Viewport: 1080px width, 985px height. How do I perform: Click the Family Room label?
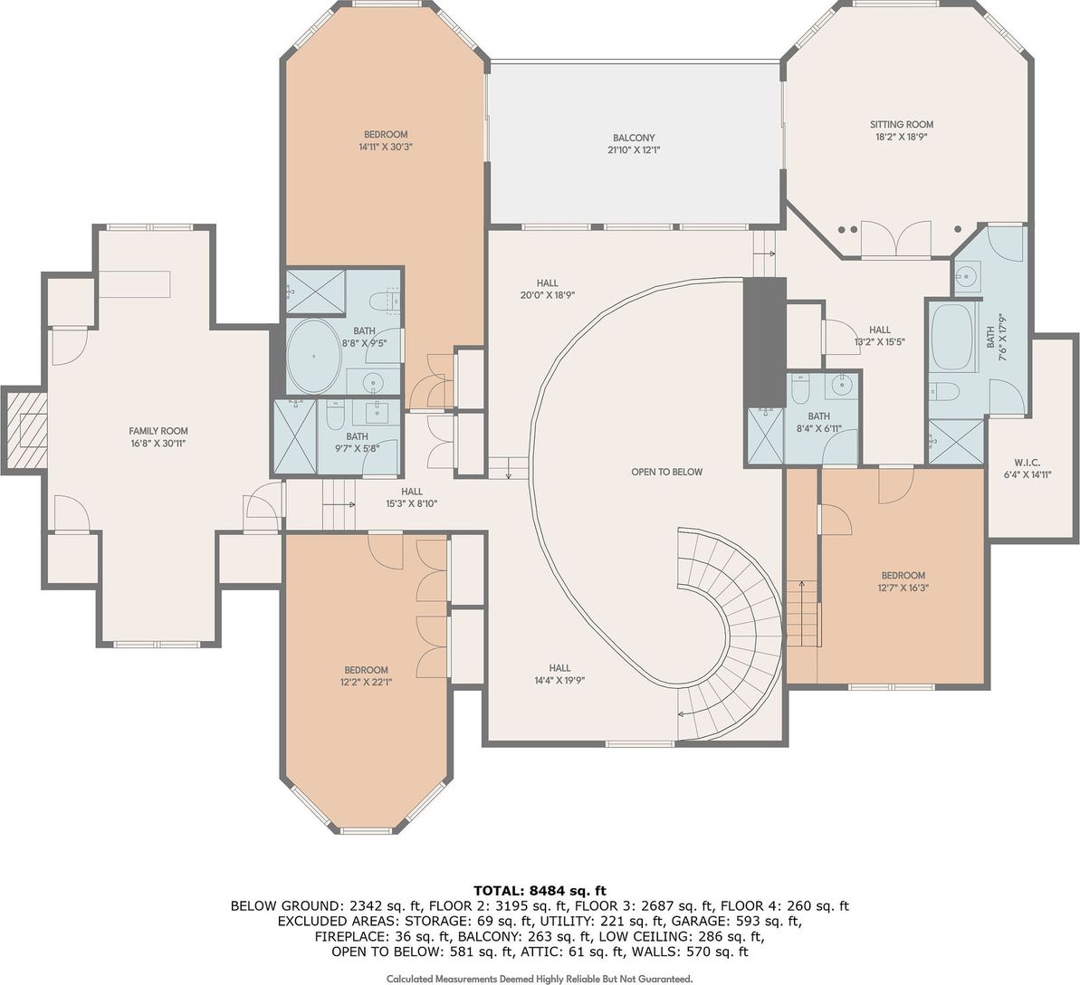click(158, 431)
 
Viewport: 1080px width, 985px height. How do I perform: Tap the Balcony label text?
click(634, 138)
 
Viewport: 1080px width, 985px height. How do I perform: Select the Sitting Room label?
click(902, 125)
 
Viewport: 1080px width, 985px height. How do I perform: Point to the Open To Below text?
click(666, 472)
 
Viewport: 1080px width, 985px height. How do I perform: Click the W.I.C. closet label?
click(1027, 463)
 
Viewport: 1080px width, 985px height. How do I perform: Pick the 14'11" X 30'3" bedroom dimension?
click(386, 147)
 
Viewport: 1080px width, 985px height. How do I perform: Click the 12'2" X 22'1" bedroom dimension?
click(367, 682)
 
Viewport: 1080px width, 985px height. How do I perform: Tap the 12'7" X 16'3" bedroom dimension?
click(903, 588)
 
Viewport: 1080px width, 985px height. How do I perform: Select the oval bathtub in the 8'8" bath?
click(313, 356)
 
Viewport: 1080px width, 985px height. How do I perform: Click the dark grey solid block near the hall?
click(765, 343)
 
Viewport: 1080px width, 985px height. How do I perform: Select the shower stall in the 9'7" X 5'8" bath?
click(295, 436)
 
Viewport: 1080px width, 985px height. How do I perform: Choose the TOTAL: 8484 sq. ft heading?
click(540, 891)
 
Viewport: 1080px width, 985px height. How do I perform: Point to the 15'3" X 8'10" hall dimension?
click(412, 503)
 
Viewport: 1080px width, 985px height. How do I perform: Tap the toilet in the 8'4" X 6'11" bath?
click(799, 389)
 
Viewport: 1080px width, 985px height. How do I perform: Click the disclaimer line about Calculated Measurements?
click(540, 978)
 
